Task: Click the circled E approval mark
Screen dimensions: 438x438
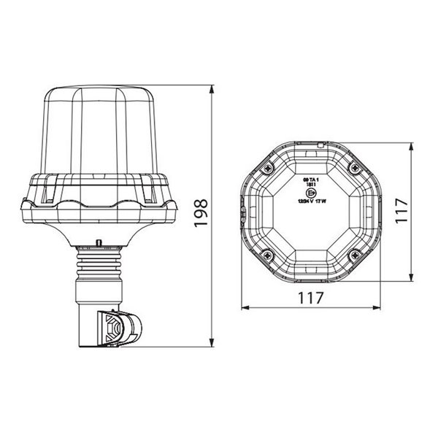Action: tap(312, 191)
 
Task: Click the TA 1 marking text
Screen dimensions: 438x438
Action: tap(312, 177)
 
